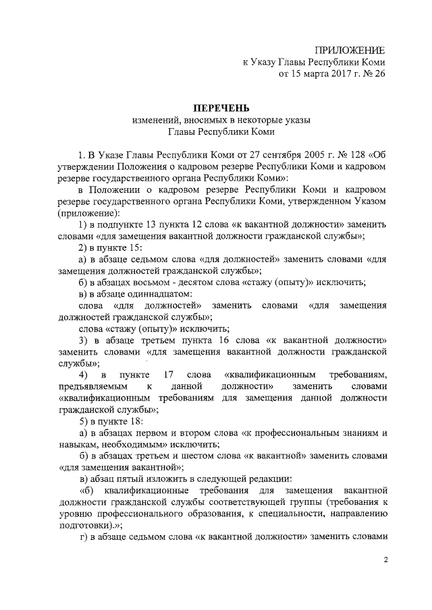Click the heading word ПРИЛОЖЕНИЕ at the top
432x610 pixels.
(350, 51)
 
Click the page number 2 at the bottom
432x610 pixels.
(386, 560)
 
